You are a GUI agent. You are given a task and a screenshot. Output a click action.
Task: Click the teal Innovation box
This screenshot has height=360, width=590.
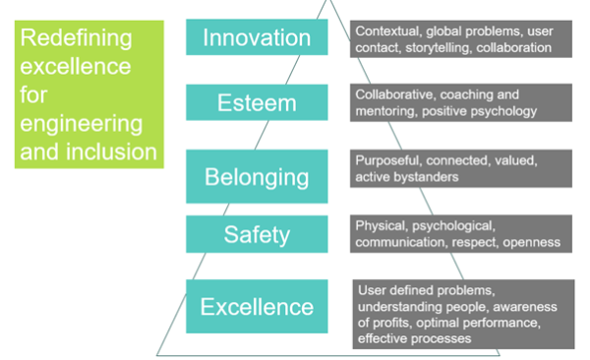point(257,37)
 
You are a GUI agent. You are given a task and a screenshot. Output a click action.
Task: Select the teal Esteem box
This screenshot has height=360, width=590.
point(257,102)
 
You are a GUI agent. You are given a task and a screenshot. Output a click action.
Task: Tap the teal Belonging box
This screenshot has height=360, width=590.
point(257,177)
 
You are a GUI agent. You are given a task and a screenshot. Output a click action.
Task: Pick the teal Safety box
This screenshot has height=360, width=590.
point(257,234)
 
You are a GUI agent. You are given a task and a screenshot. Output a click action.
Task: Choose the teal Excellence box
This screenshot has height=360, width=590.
point(257,307)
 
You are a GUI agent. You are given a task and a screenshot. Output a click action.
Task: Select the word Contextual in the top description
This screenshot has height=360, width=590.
point(384,30)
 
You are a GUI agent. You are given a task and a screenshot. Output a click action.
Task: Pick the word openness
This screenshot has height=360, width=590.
point(532,242)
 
